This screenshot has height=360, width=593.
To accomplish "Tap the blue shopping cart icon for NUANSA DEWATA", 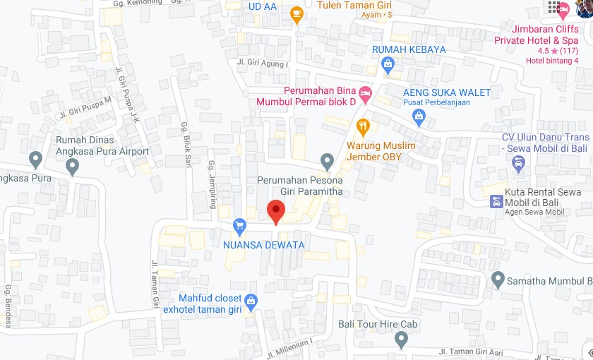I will pos(239,226).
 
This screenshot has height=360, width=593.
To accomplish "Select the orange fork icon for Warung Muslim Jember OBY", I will pos(364,127).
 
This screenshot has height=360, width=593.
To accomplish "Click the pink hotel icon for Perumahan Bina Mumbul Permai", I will pos(365,92).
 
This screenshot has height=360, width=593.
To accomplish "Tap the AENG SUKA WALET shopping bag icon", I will pos(419,116).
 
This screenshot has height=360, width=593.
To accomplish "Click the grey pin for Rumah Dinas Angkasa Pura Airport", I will pos(71,167).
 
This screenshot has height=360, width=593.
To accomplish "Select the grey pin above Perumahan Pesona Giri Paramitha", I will pos(326,161).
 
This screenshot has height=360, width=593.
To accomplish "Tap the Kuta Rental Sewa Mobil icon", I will pos(497,201).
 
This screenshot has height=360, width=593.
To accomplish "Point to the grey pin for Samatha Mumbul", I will pos(498,280).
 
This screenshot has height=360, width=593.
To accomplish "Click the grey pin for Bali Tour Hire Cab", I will pos(402,340).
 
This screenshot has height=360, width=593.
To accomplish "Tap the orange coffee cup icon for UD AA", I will pos(297,13).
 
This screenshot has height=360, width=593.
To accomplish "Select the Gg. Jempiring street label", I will pos(211,184).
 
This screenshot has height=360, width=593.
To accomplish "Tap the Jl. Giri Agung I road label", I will pos(263,63).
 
